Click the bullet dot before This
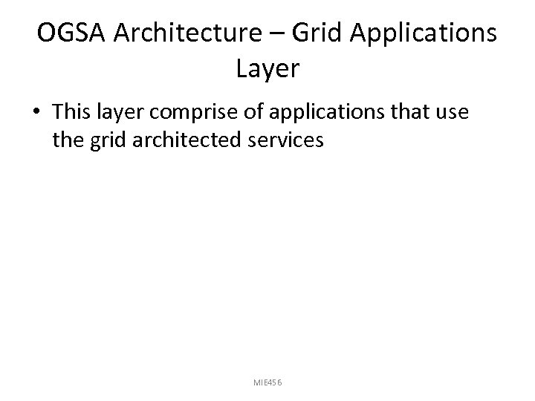pos(36,112)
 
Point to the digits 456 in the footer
pos(275,382)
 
